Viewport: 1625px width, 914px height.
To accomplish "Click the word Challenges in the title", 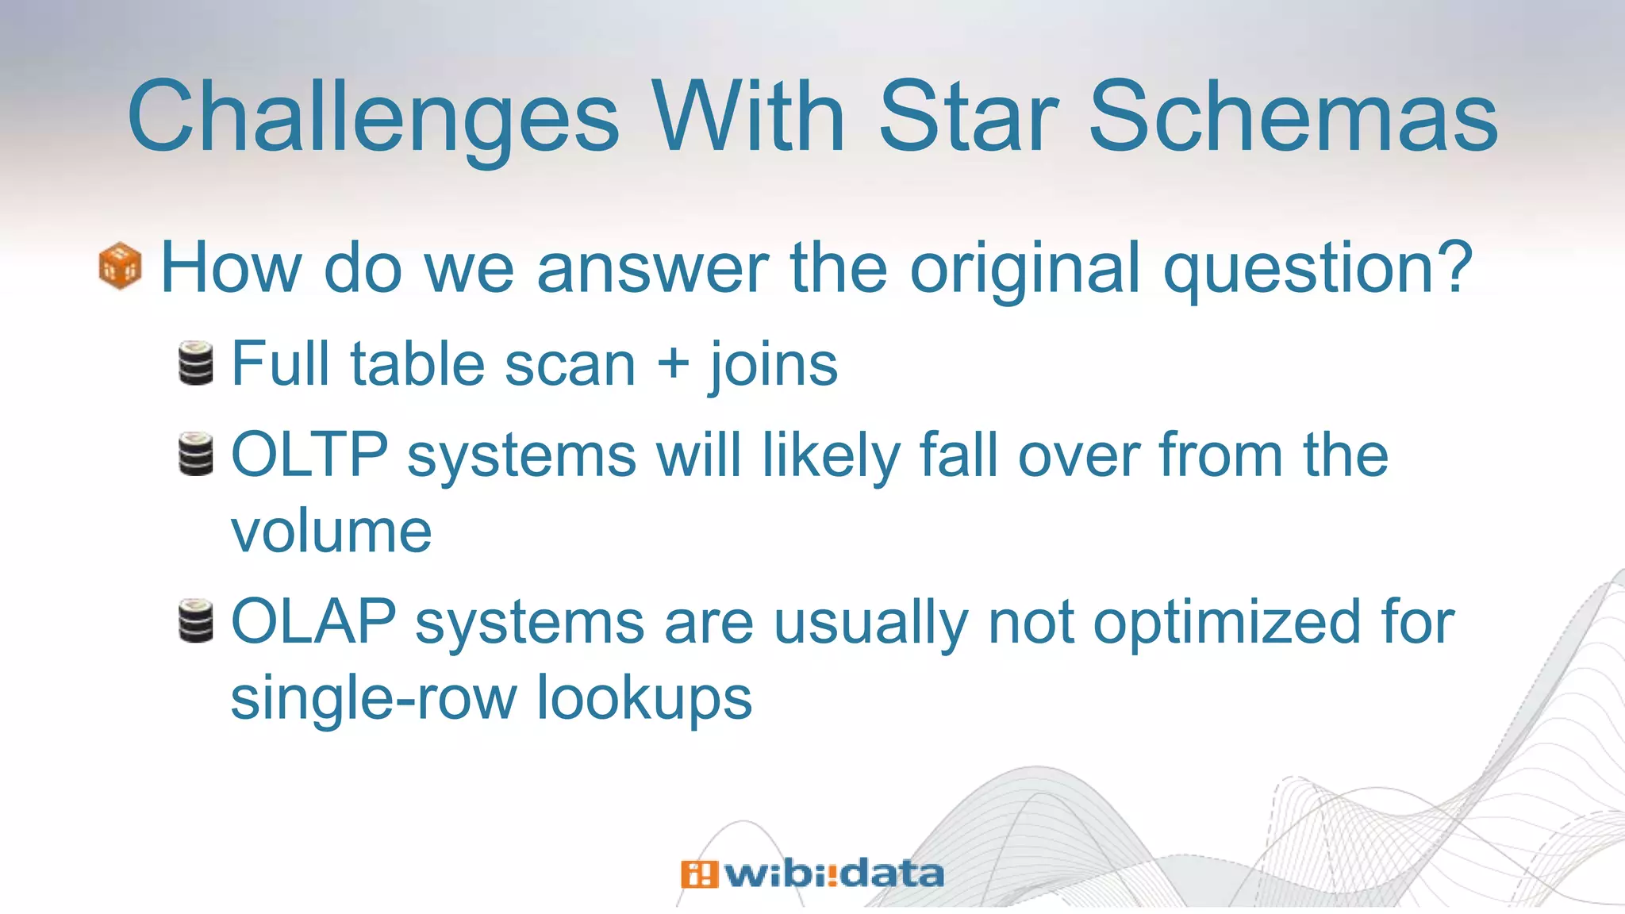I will coord(373,117).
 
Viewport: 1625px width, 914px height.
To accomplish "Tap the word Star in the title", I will coord(969,117).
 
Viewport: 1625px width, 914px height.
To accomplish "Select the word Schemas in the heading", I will coord(1293,117).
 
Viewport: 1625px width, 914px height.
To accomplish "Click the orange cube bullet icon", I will coord(120,266).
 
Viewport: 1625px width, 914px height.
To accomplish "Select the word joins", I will coord(774,365).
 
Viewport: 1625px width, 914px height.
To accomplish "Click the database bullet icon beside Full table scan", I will coord(196,363).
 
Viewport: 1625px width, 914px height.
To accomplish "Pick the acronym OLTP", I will coord(309,455).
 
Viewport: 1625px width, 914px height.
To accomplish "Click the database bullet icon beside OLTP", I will coord(196,454).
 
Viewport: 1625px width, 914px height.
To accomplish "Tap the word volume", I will coord(331,531).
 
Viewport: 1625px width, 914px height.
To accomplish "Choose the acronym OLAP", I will coord(313,621).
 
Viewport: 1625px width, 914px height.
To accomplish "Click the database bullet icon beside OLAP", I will coord(196,620).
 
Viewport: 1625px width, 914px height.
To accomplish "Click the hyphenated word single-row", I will coord(373,698).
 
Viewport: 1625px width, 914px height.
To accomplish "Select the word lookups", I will coord(643,698).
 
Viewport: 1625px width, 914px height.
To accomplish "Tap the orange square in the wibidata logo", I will coord(699,874).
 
